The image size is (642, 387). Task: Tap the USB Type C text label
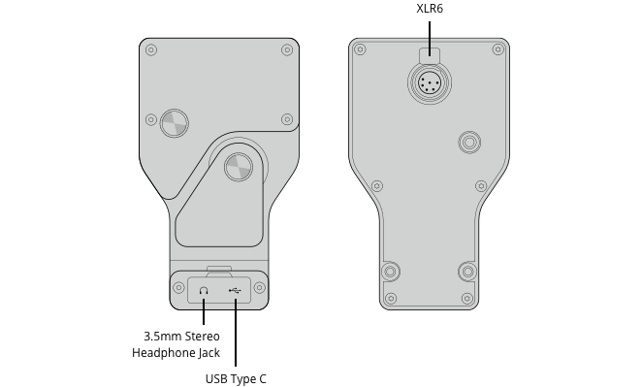(x=236, y=378)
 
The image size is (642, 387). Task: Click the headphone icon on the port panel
(x=204, y=289)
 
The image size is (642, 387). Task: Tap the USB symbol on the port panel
(x=235, y=289)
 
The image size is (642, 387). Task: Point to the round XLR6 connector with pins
(x=429, y=85)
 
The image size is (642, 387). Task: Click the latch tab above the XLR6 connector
(x=429, y=58)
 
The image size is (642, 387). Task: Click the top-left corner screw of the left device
(x=149, y=49)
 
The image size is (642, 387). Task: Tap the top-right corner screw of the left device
(x=287, y=49)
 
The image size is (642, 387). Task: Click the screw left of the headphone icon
(x=179, y=288)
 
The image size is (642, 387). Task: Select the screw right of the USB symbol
(x=259, y=288)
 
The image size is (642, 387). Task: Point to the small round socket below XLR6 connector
(x=469, y=143)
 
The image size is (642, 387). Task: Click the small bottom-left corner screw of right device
(x=390, y=298)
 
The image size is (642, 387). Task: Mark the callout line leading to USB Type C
(x=236, y=335)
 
